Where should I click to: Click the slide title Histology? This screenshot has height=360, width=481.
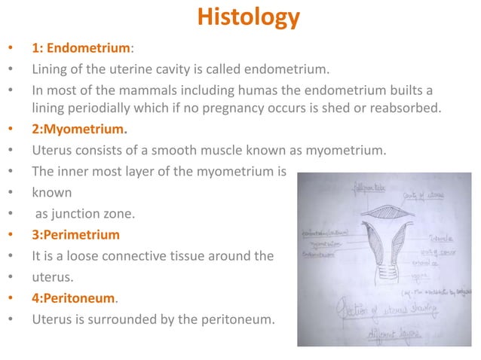click(248, 17)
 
